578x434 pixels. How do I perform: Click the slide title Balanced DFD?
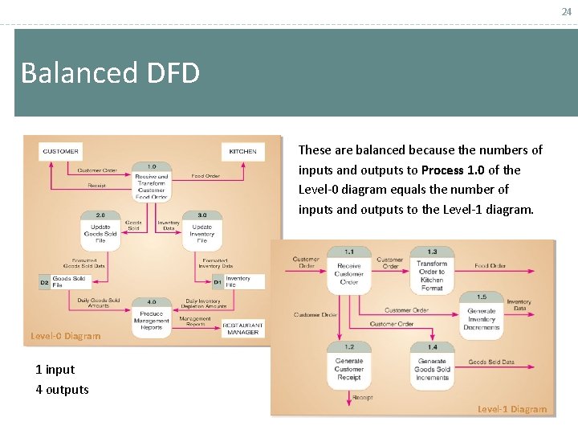pyautogui.click(x=110, y=73)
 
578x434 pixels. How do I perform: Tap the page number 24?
pyautogui.click(x=566, y=10)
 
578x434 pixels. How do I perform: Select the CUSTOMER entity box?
pyautogui.click(x=61, y=151)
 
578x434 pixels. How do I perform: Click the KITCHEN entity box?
pyautogui.click(x=242, y=151)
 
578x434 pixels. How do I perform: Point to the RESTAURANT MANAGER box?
pyautogui.click(x=242, y=328)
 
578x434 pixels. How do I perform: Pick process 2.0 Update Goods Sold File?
pyautogui.click(x=100, y=229)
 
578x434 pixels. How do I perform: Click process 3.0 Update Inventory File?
pyautogui.click(x=201, y=229)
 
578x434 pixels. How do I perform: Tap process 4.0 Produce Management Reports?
pyautogui.click(x=151, y=316)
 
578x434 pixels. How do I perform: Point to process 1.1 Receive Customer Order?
pyautogui.click(x=348, y=270)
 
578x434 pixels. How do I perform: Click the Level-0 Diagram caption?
pyautogui.click(x=66, y=336)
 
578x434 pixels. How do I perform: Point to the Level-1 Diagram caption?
pyautogui.click(x=512, y=409)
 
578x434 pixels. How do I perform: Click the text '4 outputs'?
pyautogui.click(x=62, y=390)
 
